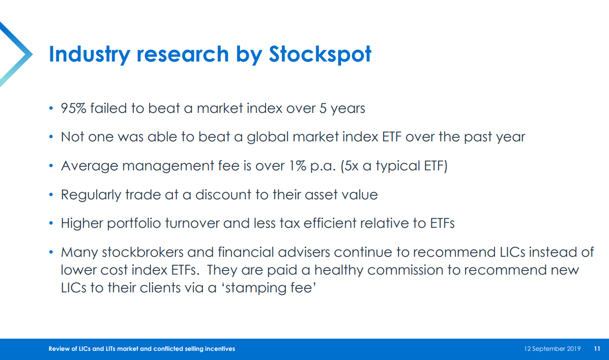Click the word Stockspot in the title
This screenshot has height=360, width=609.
tap(320, 54)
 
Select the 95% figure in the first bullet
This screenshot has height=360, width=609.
tap(73, 108)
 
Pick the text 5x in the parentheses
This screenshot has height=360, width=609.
tap(350, 166)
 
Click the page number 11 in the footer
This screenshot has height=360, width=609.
tap(597, 349)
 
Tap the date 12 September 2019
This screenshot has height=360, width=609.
tap(553, 349)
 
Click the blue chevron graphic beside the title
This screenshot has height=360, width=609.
tap(16, 54)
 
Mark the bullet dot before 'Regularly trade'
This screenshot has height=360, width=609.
tap(51, 194)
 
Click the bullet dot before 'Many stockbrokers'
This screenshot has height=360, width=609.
tap(51, 252)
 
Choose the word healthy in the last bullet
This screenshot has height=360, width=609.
tap(338, 270)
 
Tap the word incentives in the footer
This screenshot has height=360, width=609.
tap(220, 349)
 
